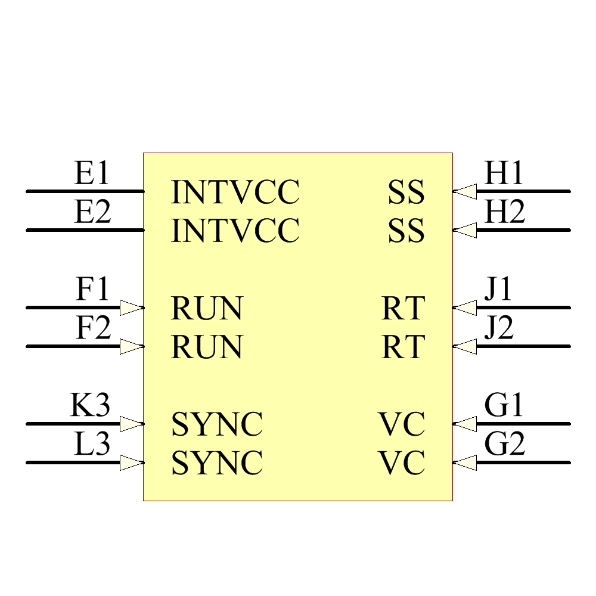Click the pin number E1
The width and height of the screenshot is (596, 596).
coord(92,174)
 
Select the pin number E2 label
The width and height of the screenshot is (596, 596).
coord(92,213)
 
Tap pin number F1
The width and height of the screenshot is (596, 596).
coord(93,290)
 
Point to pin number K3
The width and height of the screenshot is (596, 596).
coord(90,406)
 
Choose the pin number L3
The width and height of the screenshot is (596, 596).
coord(92,445)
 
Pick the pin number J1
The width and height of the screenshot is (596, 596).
coord(498,290)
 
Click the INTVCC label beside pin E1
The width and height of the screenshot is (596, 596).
coord(235,192)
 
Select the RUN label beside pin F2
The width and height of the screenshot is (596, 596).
coord(207,347)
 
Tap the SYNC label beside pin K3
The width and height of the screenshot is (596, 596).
coord(217,424)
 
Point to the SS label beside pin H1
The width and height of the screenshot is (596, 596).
coord(406,192)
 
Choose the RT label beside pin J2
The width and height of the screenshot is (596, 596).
coord(403,347)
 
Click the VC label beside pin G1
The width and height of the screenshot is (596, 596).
coord(402,424)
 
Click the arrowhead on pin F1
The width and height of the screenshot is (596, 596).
coord(131,308)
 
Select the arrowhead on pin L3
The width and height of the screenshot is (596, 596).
coord(131,462)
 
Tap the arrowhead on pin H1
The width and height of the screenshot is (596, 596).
coord(465,191)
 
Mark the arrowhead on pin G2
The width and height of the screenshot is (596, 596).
coord(465,462)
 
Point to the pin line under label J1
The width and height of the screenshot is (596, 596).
coord(519,308)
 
